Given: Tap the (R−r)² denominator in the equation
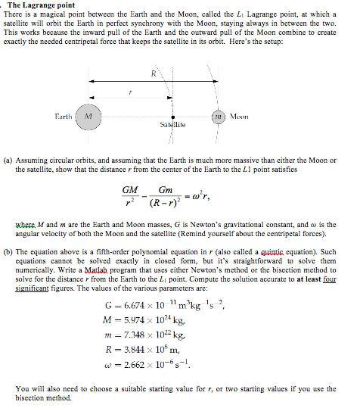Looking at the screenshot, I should point(164,205).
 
